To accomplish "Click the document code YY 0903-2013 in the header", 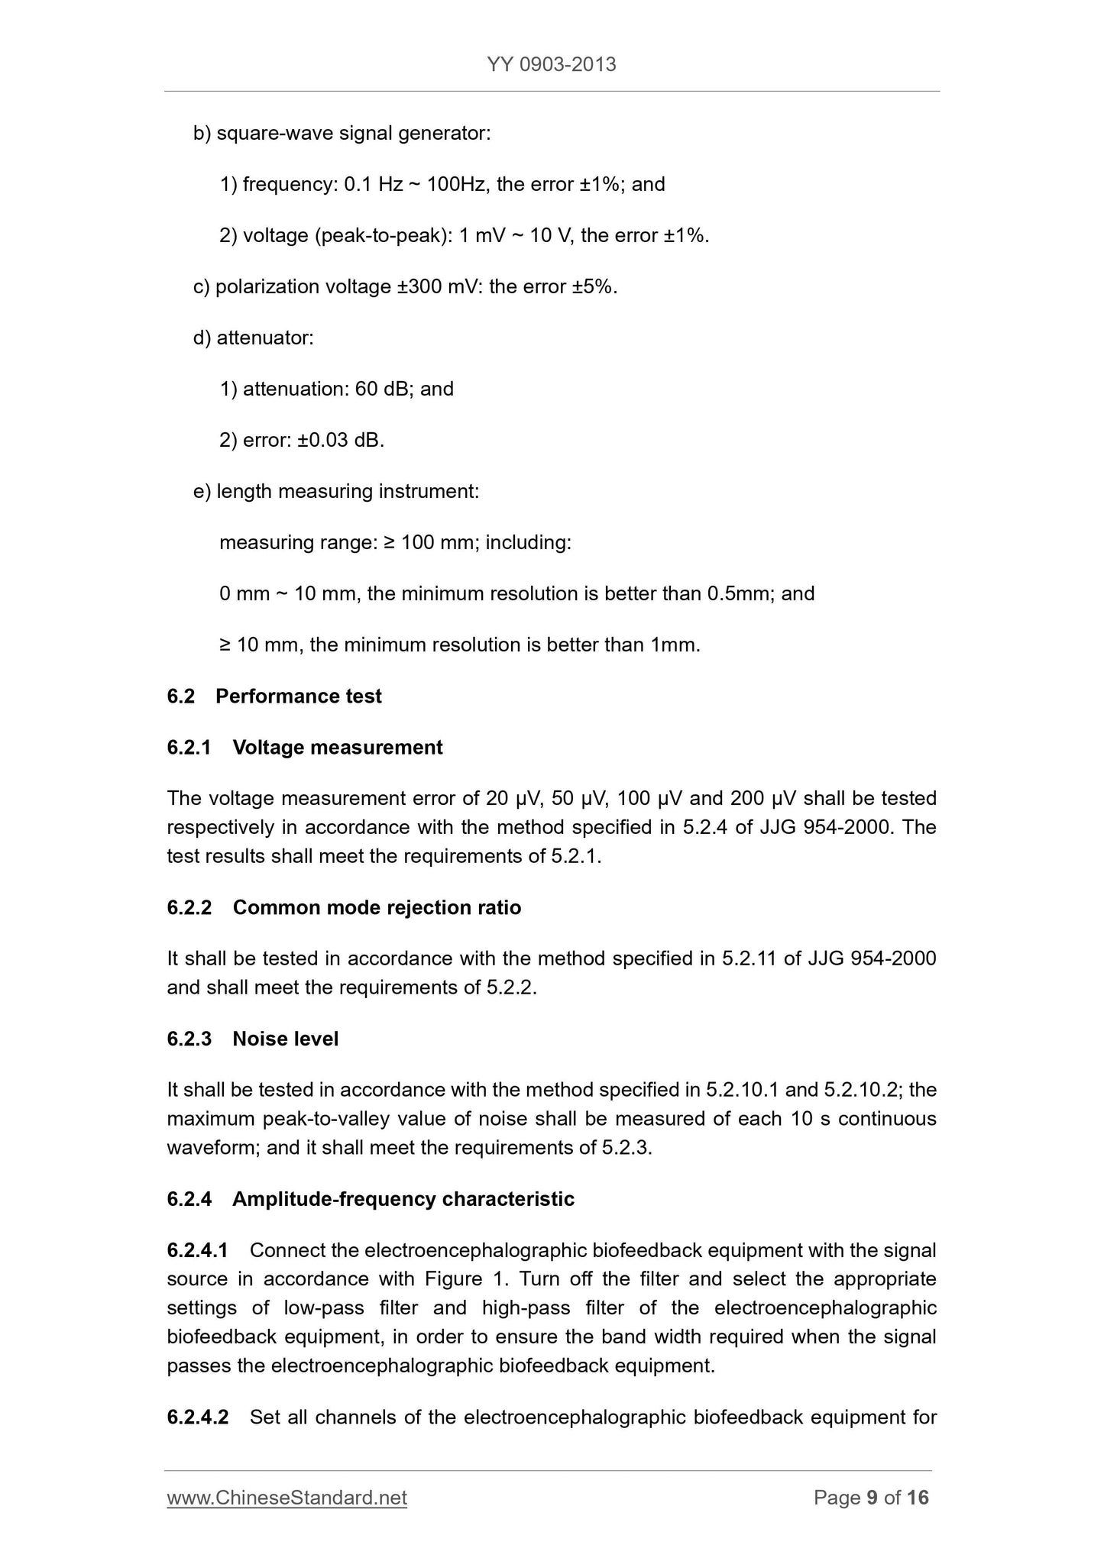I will tap(551, 64).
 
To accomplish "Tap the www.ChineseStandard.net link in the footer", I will tap(287, 1498).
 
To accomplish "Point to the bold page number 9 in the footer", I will tap(872, 1498).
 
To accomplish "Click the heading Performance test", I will tap(298, 696).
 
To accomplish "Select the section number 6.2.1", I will tap(189, 747).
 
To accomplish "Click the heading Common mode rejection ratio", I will tap(377, 907).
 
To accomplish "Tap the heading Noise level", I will tap(285, 1039).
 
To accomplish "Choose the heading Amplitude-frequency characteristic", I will tap(403, 1199).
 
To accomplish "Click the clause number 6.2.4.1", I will tap(197, 1250).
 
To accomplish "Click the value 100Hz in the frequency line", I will tap(455, 184).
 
